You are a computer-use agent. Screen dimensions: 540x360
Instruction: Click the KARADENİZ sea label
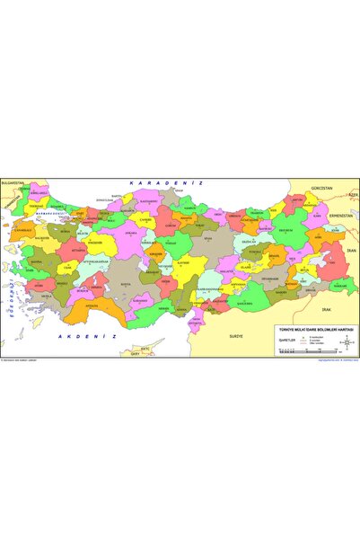pyautogui.click(x=167, y=182)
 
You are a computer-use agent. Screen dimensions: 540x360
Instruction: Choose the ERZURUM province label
pyautogui.click(x=281, y=230)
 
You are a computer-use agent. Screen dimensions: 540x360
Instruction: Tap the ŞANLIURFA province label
pyautogui.click(x=241, y=302)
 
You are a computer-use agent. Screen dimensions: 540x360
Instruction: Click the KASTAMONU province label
pyautogui.click(x=148, y=203)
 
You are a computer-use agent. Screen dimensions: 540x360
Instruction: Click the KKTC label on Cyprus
pyautogui.click(x=140, y=348)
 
